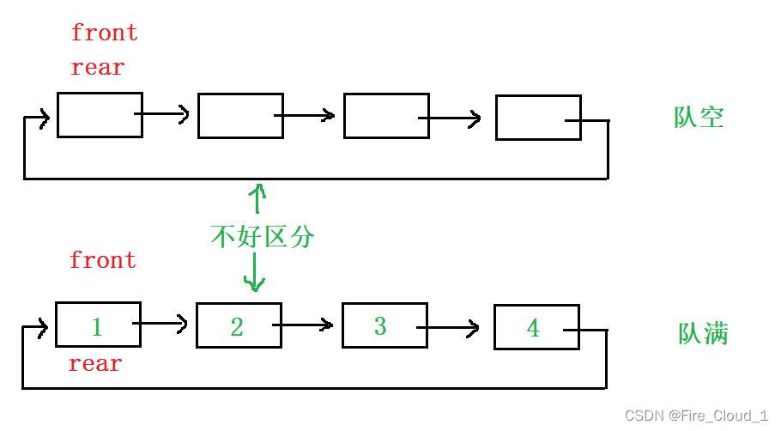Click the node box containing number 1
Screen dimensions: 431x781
coord(98,325)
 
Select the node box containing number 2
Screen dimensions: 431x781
coord(239,325)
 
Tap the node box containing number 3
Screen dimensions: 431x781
coord(384,325)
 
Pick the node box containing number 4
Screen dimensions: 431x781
coord(536,327)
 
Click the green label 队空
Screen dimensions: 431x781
coord(699,117)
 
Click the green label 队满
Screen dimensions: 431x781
coord(703,333)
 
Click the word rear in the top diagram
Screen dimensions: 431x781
coord(98,68)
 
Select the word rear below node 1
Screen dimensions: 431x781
coord(95,364)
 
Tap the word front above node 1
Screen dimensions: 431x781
coord(103,260)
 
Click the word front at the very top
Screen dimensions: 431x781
coord(104,33)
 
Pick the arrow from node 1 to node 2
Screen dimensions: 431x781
coord(161,324)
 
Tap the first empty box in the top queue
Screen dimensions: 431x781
coord(100,115)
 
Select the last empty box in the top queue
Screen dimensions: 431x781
coord(538,118)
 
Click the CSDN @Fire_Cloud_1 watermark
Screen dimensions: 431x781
coord(696,416)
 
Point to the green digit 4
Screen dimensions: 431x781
coord(533,328)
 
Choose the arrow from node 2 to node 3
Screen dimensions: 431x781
coord(304,325)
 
